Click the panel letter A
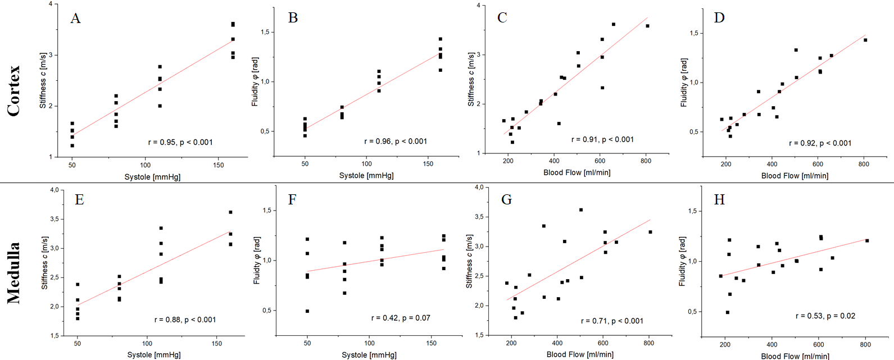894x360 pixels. (75, 19)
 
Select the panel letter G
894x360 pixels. (506, 199)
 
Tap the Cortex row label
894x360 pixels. (13, 91)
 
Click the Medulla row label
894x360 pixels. (13, 273)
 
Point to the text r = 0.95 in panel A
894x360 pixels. (162, 142)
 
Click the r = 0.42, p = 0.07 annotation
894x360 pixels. (401, 318)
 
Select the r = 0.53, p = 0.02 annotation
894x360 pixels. (825, 316)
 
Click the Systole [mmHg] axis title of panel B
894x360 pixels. (366, 176)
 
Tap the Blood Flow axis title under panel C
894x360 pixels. (577, 172)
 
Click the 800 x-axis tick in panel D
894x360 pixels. (864, 164)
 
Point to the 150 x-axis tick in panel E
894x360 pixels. (217, 343)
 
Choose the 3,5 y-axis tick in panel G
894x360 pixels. (478, 217)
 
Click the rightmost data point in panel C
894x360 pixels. (647, 26)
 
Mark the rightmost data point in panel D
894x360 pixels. (866, 40)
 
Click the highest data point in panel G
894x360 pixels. (581, 210)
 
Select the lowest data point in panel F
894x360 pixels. (307, 311)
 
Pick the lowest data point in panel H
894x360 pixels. (728, 312)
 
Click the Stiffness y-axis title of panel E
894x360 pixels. (45, 263)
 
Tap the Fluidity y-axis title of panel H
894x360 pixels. (682, 261)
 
